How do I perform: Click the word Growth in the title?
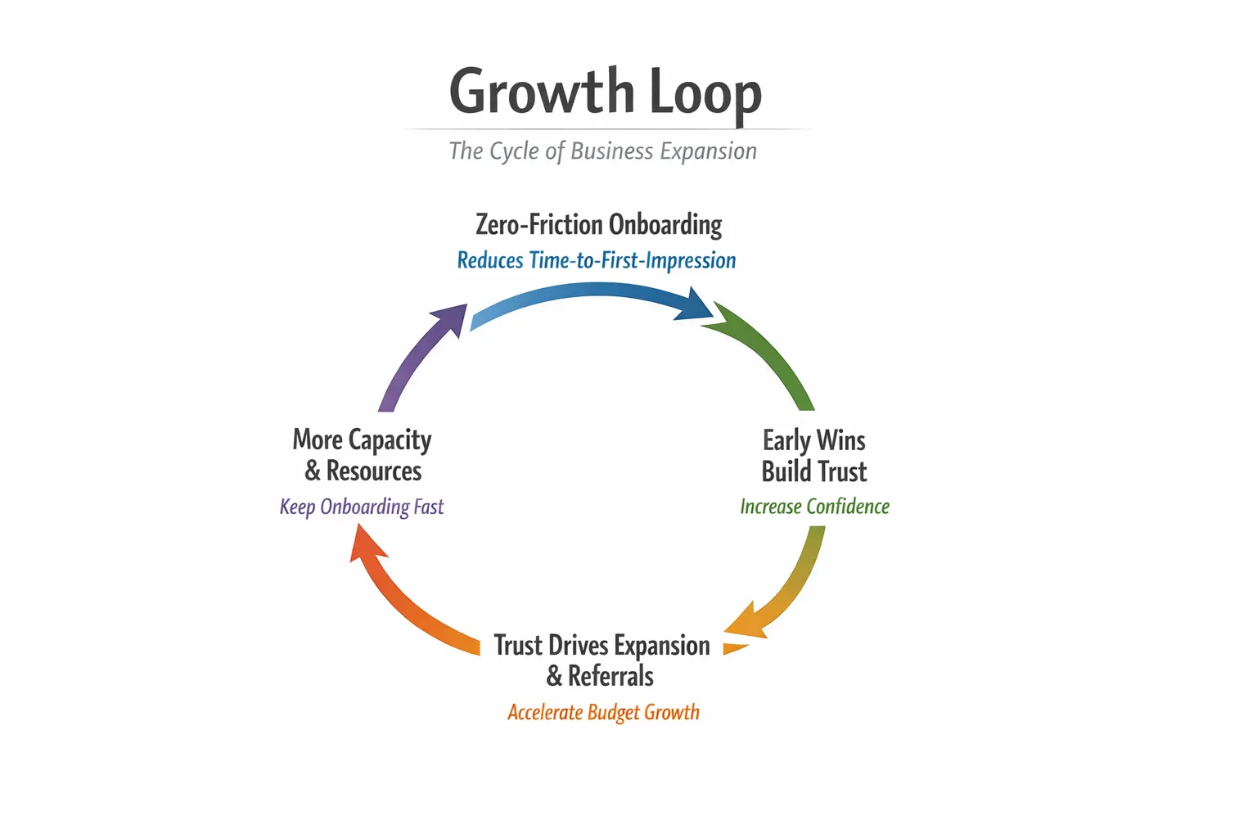(x=541, y=92)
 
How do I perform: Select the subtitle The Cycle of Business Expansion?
(x=603, y=151)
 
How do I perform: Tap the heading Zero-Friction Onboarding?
(x=598, y=224)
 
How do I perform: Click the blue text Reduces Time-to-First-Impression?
(x=596, y=260)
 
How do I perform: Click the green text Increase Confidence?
(x=814, y=507)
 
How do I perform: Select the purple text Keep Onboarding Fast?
(x=362, y=507)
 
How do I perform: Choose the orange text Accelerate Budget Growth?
(x=603, y=712)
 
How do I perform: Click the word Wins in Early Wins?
(x=840, y=440)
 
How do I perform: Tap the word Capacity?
(x=390, y=440)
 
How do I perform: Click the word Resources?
(x=374, y=471)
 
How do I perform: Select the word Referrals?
(x=610, y=677)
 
